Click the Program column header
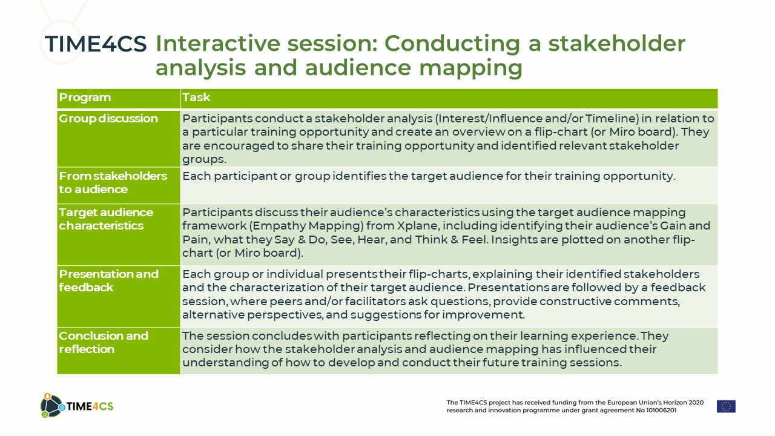click(x=85, y=97)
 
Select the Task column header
click(x=196, y=97)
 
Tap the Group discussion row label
click(x=108, y=119)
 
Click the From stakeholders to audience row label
click(x=113, y=183)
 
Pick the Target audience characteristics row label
click(x=106, y=219)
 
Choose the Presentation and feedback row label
click(x=108, y=280)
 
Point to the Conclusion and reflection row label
click(x=104, y=343)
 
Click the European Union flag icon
click(x=726, y=406)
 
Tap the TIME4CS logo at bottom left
click(x=77, y=406)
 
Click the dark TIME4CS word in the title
click(x=96, y=44)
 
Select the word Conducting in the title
click(x=452, y=45)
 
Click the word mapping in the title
click(x=470, y=68)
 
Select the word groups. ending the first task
click(x=204, y=159)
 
